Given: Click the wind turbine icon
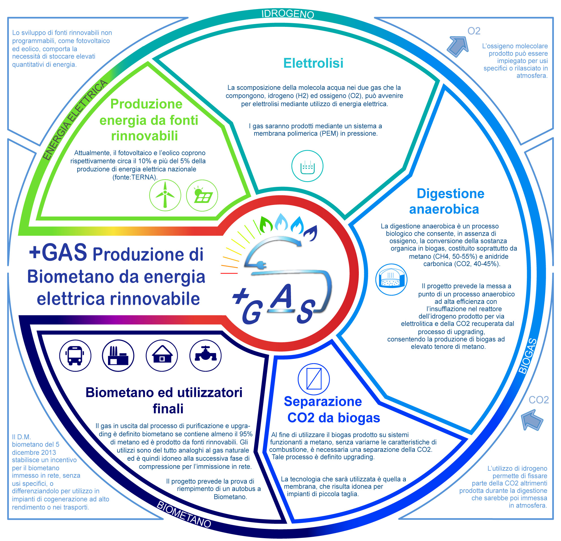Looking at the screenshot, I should pyautogui.click(x=165, y=195).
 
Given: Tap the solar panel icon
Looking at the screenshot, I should pyautogui.click(x=202, y=195).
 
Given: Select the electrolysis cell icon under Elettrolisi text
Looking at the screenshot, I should pyautogui.click(x=307, y=166).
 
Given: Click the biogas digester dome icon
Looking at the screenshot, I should pyautogui.click(x=391, y=280).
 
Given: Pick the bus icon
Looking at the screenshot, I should pyautogui.click(x=75, y=356).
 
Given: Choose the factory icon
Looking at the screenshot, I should pyautogui.click(x=118, y=356).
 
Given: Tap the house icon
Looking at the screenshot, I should pyautogui.click(x=162, y=356).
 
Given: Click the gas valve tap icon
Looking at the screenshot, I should pyautogui.click(x=206, y=356).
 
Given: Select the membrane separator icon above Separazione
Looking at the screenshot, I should pyautogui.click(x=314, y=379).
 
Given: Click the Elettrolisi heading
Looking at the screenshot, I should pyautogui.click(x=313, y=63).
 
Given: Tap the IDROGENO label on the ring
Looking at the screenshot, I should pyautogui.click(x=288, y=14).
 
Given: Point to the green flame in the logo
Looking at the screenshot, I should pyautogui.click(x=266, y=224).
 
